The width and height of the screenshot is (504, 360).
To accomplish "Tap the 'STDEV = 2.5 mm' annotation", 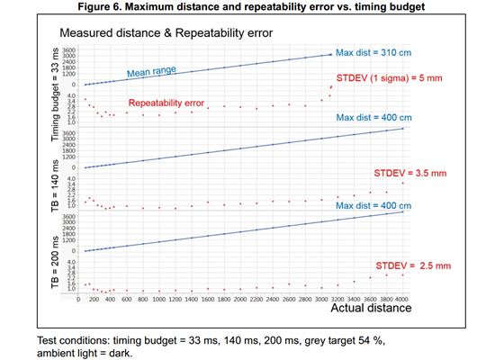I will [412, 266].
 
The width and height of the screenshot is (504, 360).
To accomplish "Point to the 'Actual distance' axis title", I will [371, 309].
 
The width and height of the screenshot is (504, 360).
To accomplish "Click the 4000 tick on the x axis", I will [400, 299].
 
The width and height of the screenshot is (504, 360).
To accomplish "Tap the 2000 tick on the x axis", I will [239, 299].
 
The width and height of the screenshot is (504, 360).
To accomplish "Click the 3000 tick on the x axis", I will [319, 299].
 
